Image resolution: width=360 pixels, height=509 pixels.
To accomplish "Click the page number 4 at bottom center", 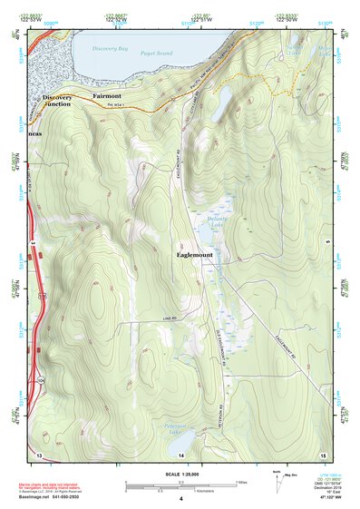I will point(180,498).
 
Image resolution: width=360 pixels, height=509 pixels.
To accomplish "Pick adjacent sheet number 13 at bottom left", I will point(38,454).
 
